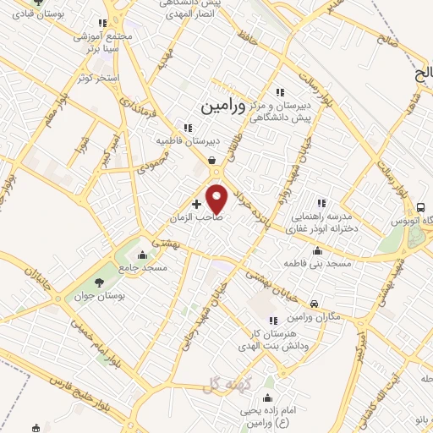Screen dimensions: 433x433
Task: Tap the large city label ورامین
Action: (224, 107)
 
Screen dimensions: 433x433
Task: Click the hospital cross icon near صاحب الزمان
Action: (197, 204)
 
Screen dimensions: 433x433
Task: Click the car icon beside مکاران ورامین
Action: (314, 303)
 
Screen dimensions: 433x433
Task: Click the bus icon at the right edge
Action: (419, 207)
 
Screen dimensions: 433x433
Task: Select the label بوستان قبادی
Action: (25, 15)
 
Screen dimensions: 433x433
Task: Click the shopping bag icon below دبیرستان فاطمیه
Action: (211, 158)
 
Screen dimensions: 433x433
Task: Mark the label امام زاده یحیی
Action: (268, 411)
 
